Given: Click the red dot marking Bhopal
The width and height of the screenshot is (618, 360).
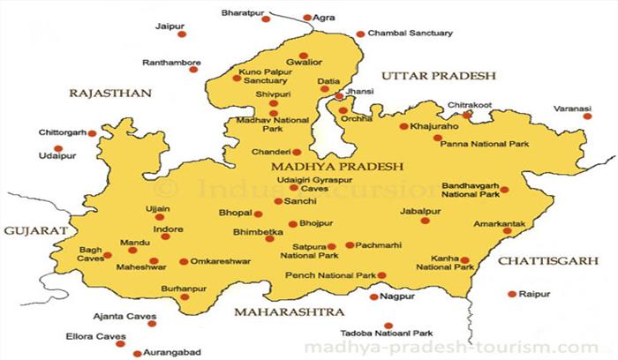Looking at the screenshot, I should click(x=258, y=214).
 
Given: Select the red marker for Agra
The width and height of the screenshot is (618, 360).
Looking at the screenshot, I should click(x=307, y=17).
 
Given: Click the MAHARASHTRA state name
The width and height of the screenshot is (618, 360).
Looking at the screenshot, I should click(x=289, y=313).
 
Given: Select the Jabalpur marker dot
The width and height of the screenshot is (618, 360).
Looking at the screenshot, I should click(x=426, y=220).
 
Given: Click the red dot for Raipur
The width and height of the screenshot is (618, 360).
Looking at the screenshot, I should click(x=513, y=293).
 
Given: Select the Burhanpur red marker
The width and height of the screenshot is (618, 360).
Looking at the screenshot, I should click(x=185, y=296).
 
